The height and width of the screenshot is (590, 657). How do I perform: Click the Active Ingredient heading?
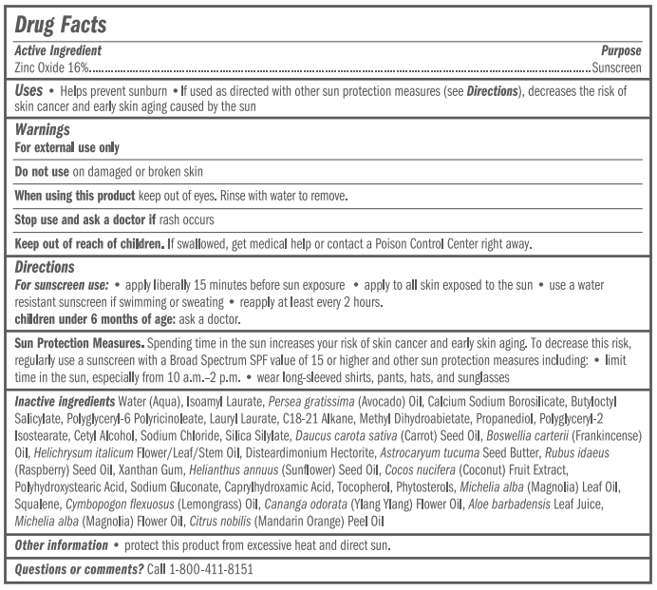tap(58, 50)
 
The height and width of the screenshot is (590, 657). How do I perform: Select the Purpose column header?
tap(622, 50)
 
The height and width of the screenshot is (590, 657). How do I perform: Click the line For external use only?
tap(66, 147)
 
